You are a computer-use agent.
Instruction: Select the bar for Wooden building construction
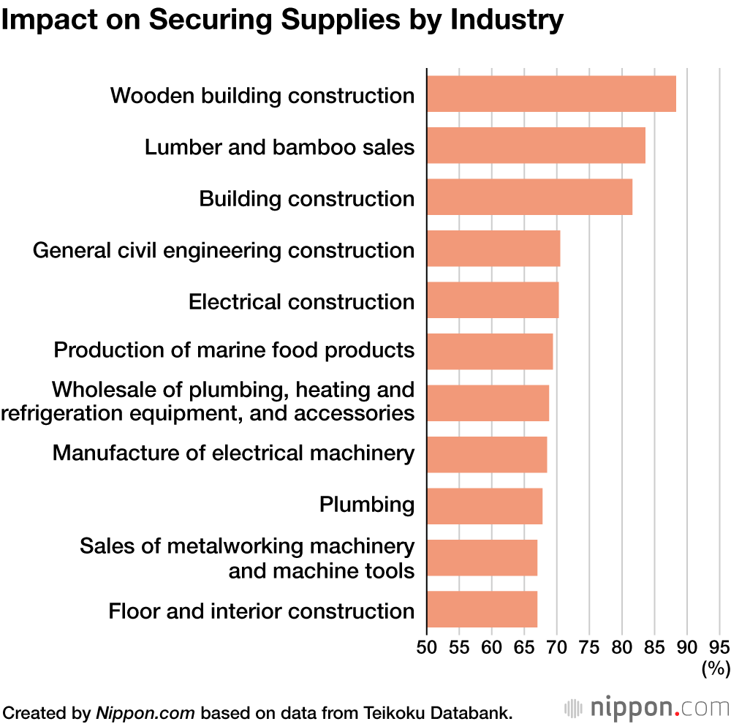coord(551,94)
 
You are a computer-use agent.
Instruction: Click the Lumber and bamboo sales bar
coord(536,146)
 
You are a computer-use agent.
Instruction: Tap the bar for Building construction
coord(529,197)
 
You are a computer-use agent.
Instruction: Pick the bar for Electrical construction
coord(493,300)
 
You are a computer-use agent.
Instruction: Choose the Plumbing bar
coord(485,506)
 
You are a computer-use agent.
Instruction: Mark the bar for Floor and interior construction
coord(482,609)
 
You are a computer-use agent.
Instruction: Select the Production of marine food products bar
coord(490,352)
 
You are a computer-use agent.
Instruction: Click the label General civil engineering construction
coord(224,250)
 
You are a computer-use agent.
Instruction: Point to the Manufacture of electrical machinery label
coord(233,453)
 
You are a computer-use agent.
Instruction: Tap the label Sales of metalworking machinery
coord(247,546)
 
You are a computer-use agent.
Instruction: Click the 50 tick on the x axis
coord(427,646)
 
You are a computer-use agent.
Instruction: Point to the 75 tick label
coord(589,646)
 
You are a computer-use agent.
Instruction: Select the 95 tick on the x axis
coord(719,646)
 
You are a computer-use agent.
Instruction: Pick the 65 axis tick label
coord(524,646)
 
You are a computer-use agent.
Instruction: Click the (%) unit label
coord(715,667)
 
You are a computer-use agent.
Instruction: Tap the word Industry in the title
coord(507,20)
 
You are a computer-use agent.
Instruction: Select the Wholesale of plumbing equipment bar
coord(488,403)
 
